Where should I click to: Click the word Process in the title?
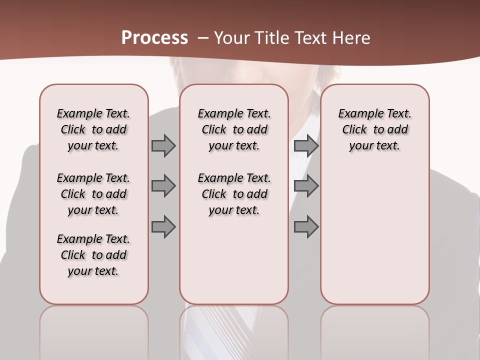tap(154, 38)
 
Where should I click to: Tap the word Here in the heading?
tap(350, 38)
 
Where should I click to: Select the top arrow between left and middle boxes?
tap(163, 146)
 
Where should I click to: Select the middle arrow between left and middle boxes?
tap(163, 186)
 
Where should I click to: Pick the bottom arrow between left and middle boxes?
tap(163, 226)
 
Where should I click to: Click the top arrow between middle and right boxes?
tap(306, 146)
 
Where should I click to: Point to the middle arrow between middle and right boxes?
tap(306, 186)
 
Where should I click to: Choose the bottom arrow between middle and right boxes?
tap(306, 226)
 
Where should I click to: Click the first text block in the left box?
tap(93, 129)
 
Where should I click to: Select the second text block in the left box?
tap(93, 194)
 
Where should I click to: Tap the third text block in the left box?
tap(93, 255)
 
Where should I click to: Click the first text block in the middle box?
tap(234, 129)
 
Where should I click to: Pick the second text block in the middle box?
tap(234, 194)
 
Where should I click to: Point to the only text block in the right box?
tap(374, 129)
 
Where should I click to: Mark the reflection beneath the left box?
tap(94, 330)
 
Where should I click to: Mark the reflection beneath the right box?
tap(374, 330)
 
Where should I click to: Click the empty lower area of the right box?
tap(374, 240)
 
